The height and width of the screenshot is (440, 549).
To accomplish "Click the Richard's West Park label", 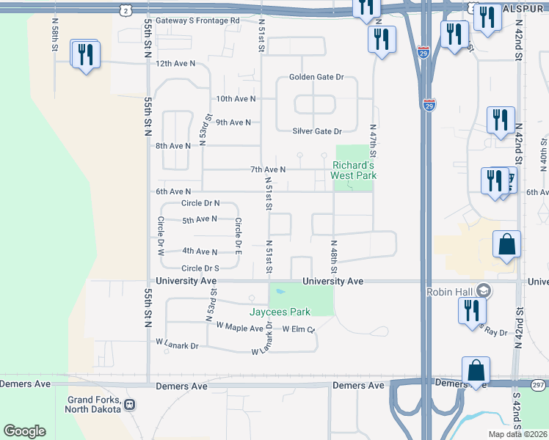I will [x=354, y=170].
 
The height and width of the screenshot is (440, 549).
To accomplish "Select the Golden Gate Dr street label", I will [x=316, y=77].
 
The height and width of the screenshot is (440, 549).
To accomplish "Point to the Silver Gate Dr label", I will [x=317, y=131].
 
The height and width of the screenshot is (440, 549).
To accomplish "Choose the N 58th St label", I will [x=55, y=34].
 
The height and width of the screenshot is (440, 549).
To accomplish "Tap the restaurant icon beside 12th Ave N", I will [x=86, y=55].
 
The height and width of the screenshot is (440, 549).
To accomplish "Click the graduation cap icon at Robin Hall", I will [x=482, y=291].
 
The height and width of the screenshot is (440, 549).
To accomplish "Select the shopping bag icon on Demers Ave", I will [x=476, y=370].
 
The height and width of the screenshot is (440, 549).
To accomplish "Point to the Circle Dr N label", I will [x=200, y=203].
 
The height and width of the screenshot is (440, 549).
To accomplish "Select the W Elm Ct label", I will [x=298, y=330].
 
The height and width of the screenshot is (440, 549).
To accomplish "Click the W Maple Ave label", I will [x=240, y=328].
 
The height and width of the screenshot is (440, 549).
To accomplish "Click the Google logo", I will [x=24, y=431].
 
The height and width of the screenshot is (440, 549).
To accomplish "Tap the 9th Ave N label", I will [x=233, y=122].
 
